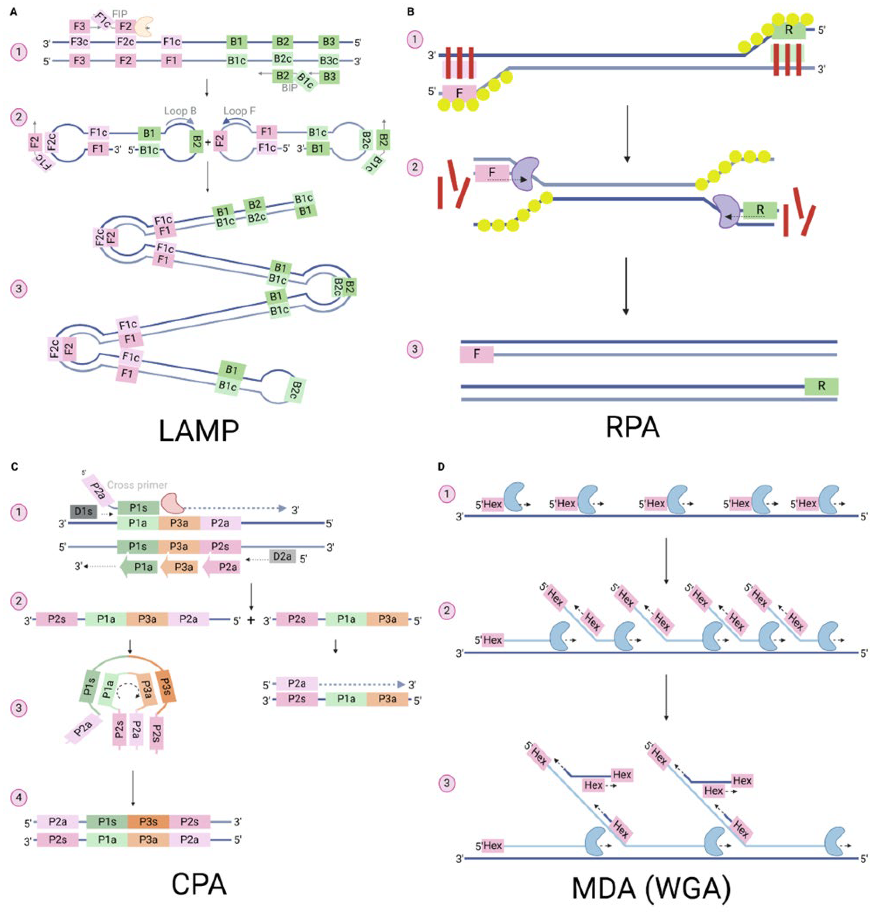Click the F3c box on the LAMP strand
[x=80, y=42]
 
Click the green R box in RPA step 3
[x=821, y=386]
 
